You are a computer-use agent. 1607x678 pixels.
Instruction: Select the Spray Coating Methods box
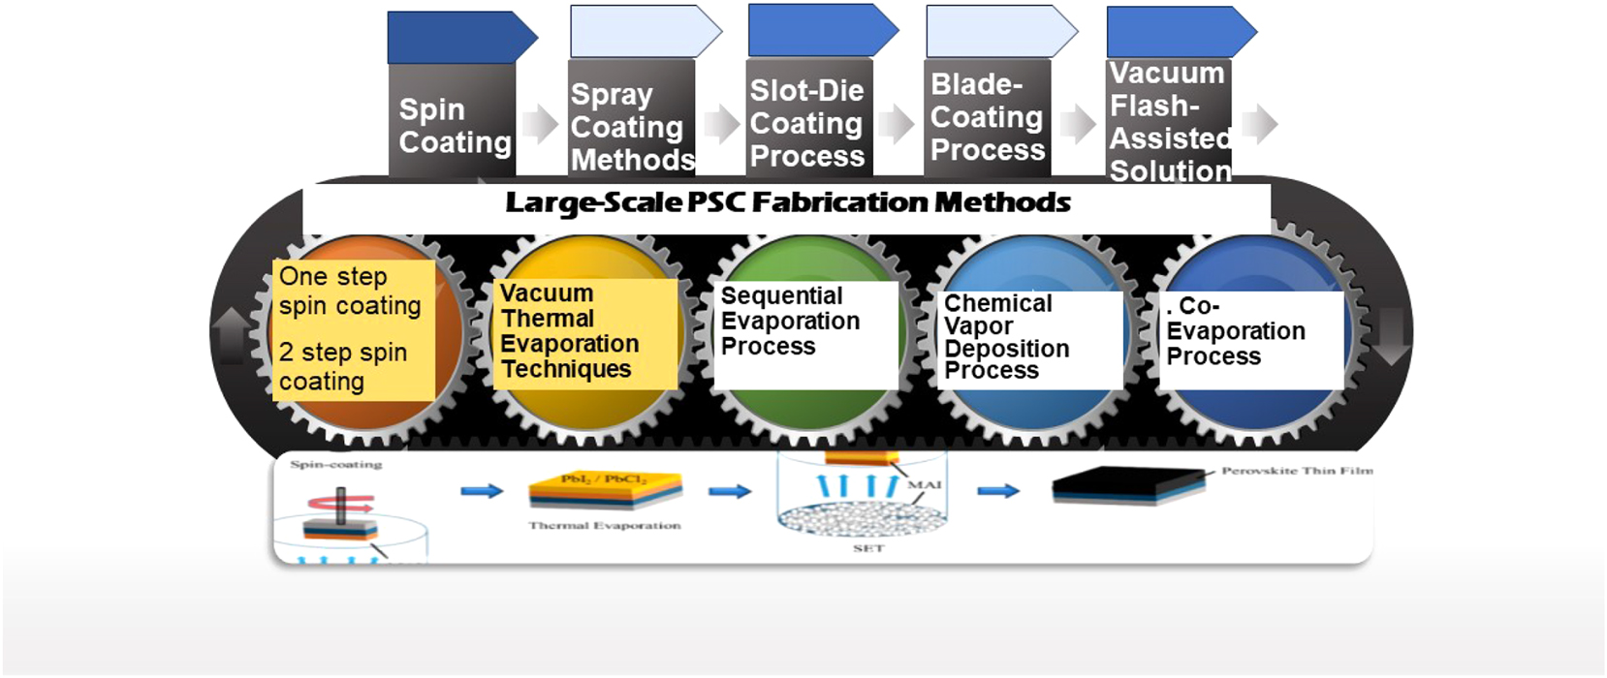(631, 126)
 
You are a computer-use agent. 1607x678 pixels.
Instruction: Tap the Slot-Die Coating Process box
(807, 123)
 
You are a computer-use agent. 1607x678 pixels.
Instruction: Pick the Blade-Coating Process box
(988, 117)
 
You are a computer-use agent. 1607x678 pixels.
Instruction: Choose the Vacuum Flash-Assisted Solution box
(1169, 121)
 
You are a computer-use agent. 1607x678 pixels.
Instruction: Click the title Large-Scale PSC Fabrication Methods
(787, 203)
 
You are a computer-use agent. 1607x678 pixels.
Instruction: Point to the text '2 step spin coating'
(343, 367)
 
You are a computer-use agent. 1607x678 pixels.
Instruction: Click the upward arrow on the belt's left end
(231, 335)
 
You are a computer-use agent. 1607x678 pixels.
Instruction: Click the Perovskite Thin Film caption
(1297, 471)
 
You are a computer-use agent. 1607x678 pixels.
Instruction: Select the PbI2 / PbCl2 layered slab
(605, 488)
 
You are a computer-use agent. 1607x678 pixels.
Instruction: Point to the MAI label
(925, 484)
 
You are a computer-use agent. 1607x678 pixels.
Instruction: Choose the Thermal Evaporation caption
(604, 526)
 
